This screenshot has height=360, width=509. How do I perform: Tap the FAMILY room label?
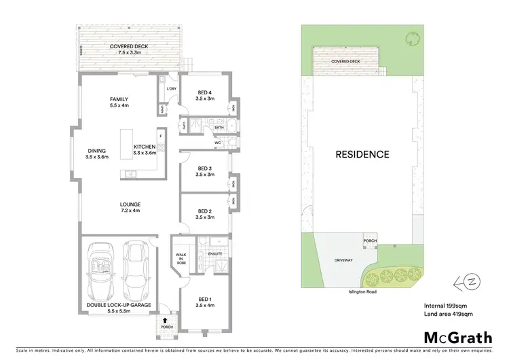(x=119, y=99)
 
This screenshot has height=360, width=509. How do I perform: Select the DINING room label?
(x=97, y=151)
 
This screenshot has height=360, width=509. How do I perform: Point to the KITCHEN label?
(x=145, y=147)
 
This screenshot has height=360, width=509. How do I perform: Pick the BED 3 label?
(x=205, y=168)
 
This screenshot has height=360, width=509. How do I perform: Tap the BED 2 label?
(x=205, y=211)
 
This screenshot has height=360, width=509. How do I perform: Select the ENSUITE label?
(x=216, y=254)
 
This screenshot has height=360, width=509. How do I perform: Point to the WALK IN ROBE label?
(x=181, y=259)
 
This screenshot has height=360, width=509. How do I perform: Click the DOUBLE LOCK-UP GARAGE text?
(x=119, y=305)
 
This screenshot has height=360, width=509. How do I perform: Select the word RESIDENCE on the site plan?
(x=362, y=154)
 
